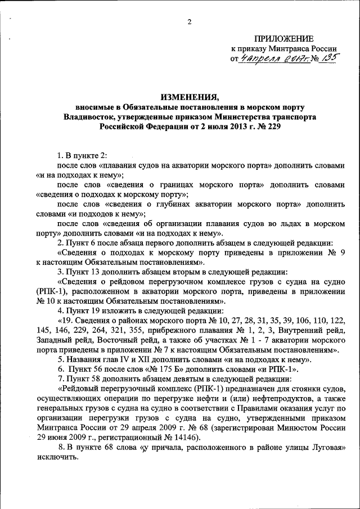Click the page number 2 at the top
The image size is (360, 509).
pyautogui.click(x=189, y=22)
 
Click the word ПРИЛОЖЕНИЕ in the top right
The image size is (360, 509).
pyautogui.click(x=283, y=38)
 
